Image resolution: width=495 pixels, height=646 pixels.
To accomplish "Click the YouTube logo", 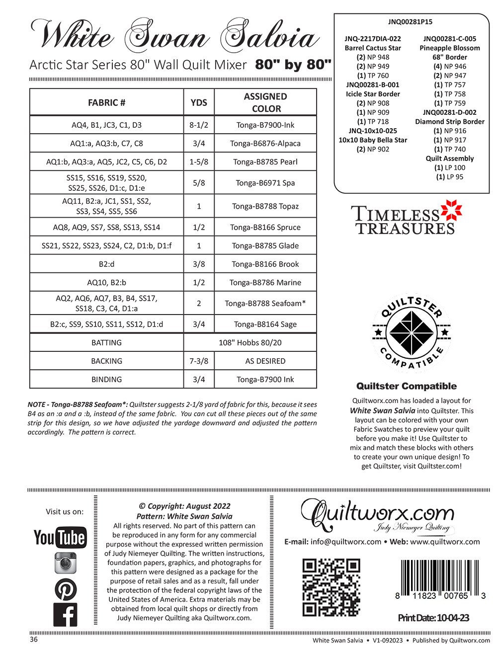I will pyautogui.click(x=60, y=537).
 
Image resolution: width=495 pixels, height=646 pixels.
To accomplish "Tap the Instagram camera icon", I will pyautogui.click(x=65, y=563).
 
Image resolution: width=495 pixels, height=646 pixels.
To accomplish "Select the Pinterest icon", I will pyautogui.click(x=65, y=589).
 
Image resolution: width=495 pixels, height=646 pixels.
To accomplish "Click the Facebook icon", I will pyautogui.click(x=65, y=614).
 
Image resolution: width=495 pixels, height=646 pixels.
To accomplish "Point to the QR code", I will pyautogui.click(x=331, y=587).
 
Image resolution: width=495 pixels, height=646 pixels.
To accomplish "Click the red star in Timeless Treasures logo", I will pyautogui.click(x=451, y=211).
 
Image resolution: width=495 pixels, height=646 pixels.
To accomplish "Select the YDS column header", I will pyautogui.click(x=199, y=102).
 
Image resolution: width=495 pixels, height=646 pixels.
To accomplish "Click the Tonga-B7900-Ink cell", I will pyautogui.click(x=265, y=125).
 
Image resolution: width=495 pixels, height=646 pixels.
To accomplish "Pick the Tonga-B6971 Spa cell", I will pyautogui.click(x=265, y=183).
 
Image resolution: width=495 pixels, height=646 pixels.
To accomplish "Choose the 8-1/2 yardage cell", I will pyautogui.click(x=199, y=125).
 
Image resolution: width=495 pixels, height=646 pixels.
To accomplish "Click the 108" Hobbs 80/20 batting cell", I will pyautogui.click(x=250, y=342).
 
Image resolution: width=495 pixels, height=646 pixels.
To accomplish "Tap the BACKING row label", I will pyautogui.click(x=106, y=361).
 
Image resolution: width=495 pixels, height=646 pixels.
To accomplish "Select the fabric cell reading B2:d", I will pyautogui.click(x=106, y=264).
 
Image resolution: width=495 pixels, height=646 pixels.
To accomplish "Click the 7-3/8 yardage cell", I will pyautogui.click(x=199, y=361).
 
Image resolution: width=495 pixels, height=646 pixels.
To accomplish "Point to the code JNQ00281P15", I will pyautogui.click(x=411, y=22).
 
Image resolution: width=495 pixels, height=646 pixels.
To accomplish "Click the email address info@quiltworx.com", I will pyautogui.click(x=345, y=542).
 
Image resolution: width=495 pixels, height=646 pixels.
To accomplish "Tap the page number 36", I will pyautogui.click(x=33, y=640).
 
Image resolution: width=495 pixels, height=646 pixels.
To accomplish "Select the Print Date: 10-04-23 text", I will pyautogui.click(x=433, y=618).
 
